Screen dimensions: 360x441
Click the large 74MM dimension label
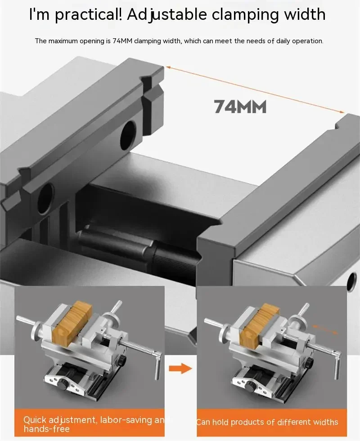click(x=240, y=107)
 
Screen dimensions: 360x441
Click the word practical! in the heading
click(x=88, y=15)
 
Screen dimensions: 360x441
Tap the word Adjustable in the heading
click(x=167, y=15)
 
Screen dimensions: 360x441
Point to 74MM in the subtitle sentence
click(x=122, y=41)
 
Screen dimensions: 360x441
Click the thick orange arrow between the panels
click(x=180, y=368)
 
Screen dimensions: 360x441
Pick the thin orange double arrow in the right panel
click(x=325, y=329)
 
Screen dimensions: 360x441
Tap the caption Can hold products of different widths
click(x=267, y=422)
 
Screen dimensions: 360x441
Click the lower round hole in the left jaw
click(x=46, y=198)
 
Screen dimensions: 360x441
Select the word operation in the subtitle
click(x=307, y=41)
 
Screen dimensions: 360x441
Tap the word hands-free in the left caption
click(x=47, y=429)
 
